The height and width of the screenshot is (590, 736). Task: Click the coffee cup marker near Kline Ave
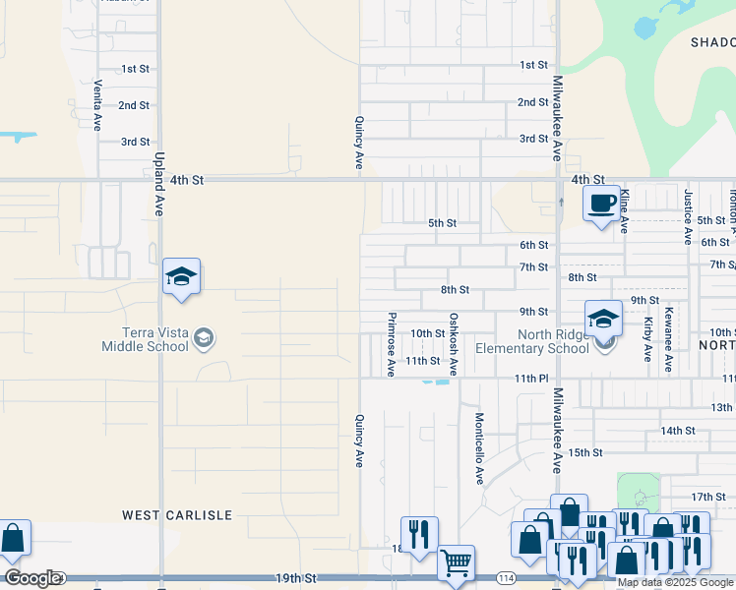[x=600, y=204]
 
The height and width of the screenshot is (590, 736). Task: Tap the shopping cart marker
[x=456, y=563]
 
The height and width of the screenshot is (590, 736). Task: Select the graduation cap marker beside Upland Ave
[x=181, y=276]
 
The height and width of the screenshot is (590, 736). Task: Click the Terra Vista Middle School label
[x=146, y=339]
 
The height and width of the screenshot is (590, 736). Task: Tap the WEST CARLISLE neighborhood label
[x=177, y=514]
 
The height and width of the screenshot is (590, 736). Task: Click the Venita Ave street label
[x=97, y=106]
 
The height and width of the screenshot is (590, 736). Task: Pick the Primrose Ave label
[x=392, y=344]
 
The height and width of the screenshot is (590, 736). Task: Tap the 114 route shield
[x=506, y=577]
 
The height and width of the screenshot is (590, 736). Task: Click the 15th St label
[x=584, y=452]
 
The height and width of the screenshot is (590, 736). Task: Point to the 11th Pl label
[x=529, y=379]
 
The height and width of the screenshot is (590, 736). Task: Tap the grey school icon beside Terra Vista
[x=203, y=339]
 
